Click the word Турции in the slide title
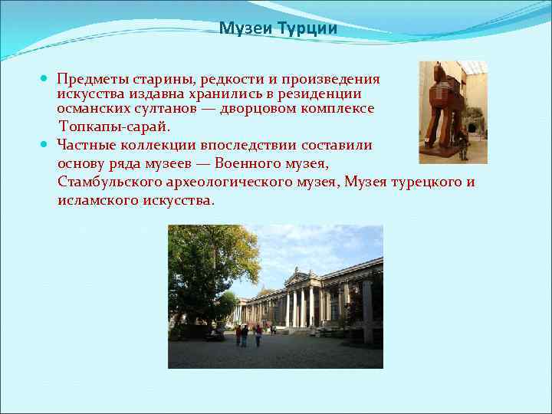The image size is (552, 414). pyautogui.click(x=310, y=29)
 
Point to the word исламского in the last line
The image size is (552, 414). pyautogui.click(x=94, y=200)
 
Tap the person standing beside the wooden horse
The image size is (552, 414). pyautogui.click(x=462, y=144)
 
